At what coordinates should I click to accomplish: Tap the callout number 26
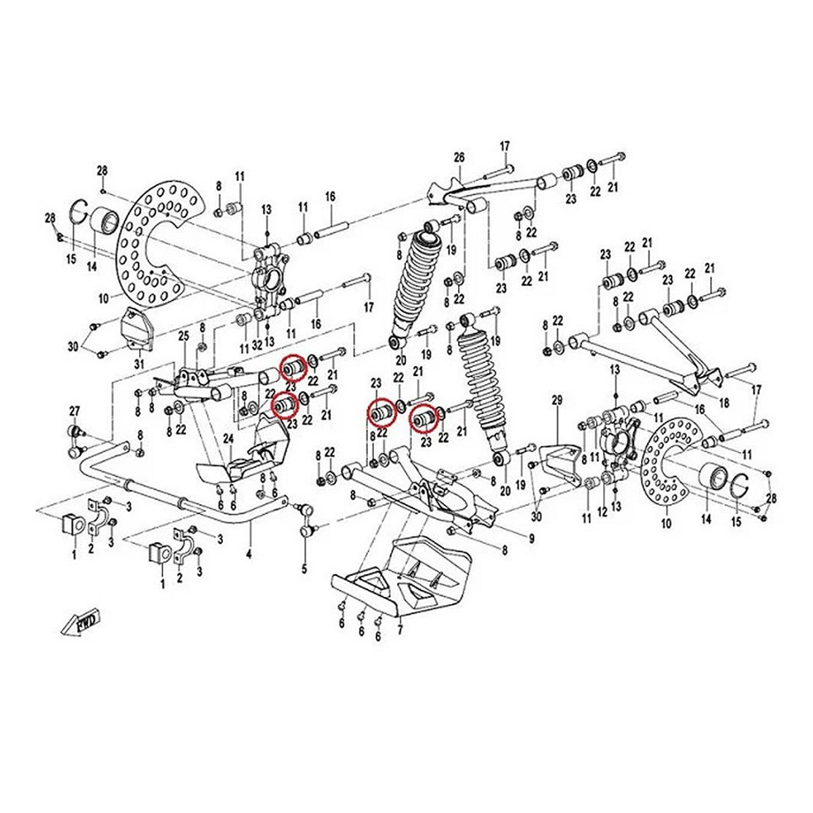click(459, 158)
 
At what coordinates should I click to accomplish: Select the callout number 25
click(182, 336)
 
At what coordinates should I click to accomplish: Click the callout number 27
click(75, 410)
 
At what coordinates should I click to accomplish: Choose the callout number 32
click(257, 345)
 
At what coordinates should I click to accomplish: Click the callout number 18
click(724, 403)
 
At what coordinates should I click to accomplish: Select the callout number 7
click(400, 631)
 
